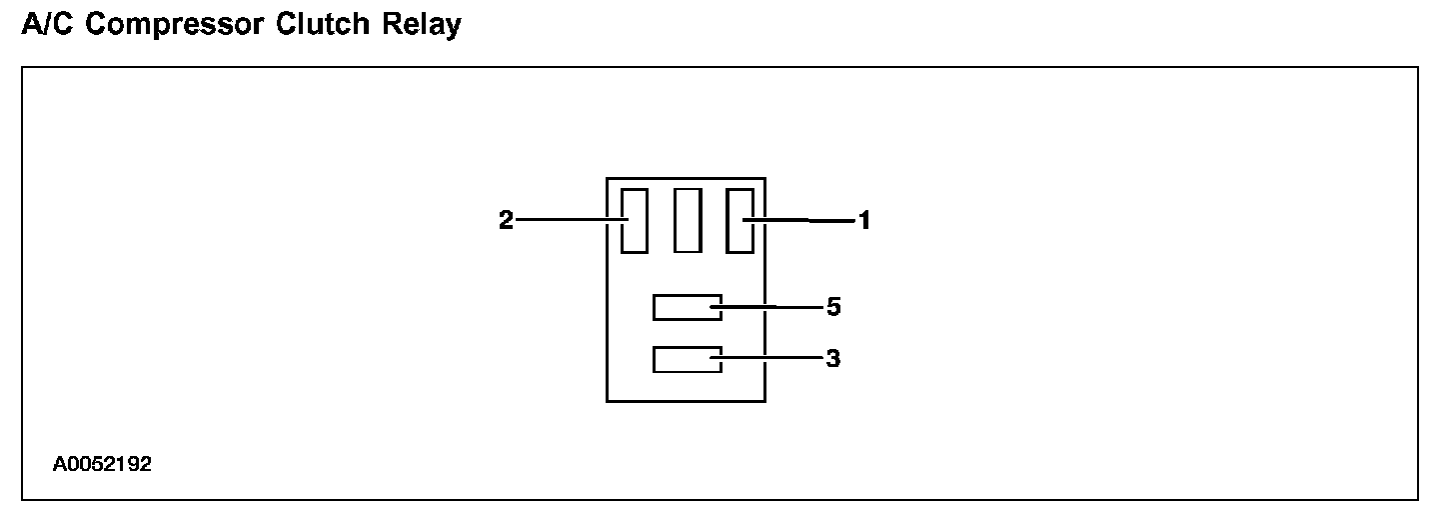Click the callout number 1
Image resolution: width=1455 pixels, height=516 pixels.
(x=864, y=221)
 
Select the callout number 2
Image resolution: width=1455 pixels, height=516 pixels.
(x=506, y=221)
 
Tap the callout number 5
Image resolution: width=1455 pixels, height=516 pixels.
(x=833, y=307)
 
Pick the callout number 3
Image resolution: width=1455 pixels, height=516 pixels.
(x=833, y=359)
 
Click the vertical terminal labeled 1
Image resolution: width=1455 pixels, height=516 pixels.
(x=739, y=220)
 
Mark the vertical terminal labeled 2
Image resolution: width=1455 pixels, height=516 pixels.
(x=635, y=220)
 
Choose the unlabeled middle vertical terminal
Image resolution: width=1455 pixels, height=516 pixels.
(x=688, y=220)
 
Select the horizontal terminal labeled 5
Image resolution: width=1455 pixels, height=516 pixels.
(x=687, y=307)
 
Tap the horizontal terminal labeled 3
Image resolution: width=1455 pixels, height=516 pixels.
(x=687, y=359)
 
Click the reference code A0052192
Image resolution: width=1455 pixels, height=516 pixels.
(x=102, y=465)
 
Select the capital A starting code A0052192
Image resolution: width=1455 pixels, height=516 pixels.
(x=60, y=465)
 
